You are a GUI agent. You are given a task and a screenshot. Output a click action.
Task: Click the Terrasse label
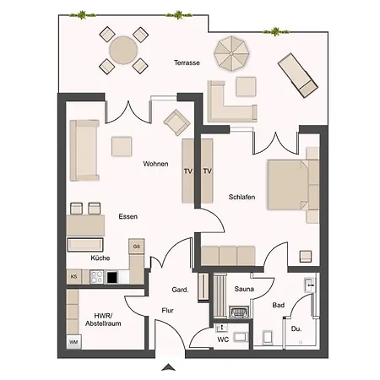[x=187, y=62]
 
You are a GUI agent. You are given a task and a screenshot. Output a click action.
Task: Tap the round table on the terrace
[x=123, y=51]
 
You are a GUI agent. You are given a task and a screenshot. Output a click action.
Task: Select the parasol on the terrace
[x=231, y=54]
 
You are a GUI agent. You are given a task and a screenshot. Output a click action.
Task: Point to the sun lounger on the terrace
[x=298, y=75]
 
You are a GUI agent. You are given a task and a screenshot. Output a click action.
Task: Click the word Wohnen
[x=155, y=164]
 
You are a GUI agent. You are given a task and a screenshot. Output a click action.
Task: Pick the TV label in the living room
[x=188, y=171]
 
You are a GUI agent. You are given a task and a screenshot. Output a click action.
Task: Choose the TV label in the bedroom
[x=207, y=171]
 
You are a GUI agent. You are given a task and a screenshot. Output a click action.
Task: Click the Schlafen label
[x=242, y=197]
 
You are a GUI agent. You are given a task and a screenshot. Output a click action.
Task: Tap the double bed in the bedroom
[x=293, y=185]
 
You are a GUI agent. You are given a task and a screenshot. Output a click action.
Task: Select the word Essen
[x=128, y=216]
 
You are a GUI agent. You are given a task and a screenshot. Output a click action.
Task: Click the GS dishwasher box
[x=137, y=247]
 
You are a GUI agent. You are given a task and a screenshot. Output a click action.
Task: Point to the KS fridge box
[x=73, y=277]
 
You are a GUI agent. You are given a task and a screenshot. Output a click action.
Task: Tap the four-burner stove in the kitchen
[x=96, y=277]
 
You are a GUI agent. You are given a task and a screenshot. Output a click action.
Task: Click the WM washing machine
[x=73, y=342]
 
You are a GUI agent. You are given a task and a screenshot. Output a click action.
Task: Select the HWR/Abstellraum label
[x=103, y=319]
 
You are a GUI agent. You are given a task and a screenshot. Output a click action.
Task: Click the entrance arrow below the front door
[x=169, y=367]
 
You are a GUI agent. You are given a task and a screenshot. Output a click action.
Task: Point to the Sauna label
[x=244, y=289]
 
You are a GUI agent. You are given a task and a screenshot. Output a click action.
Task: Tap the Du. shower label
[x=296, y=328]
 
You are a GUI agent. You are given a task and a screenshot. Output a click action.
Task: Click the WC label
[x=223, y=339]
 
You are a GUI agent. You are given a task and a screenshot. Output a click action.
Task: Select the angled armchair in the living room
[x=176, y=122]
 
